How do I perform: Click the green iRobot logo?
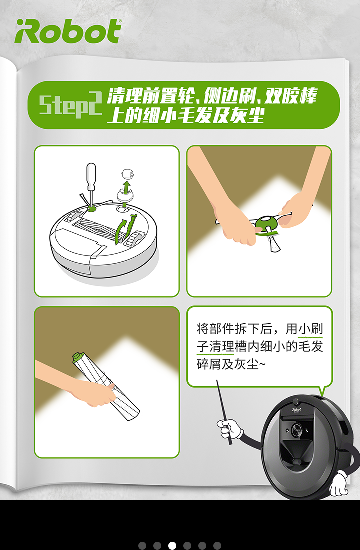tap(68, 31)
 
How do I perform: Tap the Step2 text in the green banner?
tap(70, 105)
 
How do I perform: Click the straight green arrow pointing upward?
tap(127, 188)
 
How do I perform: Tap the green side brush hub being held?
tap(267, 225)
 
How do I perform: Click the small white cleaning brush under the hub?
tap(273, 243)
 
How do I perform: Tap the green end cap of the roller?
tap(77, 357)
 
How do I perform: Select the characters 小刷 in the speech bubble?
tap(310, 329)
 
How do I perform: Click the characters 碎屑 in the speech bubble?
tap(209, 364)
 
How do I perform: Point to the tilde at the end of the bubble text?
tap(263, 365)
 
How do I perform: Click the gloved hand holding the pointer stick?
tap(230, 429)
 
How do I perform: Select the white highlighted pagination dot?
tap(172, 545)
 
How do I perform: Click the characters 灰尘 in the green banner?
tap(247, 115)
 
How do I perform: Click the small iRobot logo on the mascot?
tap(297, 409)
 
